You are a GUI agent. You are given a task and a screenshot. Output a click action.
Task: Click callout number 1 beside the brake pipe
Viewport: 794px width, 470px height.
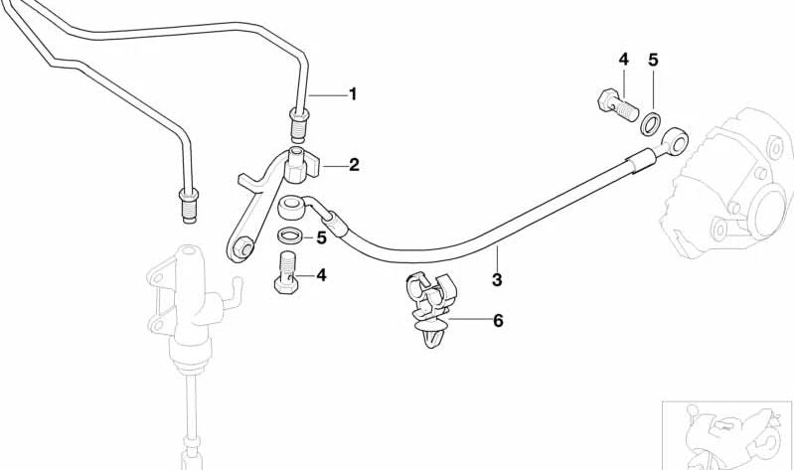tap(353, 94)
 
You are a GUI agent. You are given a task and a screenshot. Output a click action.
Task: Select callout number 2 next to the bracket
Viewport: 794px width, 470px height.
tap(354, 165)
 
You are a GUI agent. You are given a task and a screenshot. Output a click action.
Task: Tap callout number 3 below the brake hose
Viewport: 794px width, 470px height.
tap(497, 279)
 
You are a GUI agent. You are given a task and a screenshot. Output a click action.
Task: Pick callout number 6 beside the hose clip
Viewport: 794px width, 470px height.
tap(498, 320)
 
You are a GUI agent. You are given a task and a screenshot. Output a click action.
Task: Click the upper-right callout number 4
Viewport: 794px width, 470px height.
tap(623, 60)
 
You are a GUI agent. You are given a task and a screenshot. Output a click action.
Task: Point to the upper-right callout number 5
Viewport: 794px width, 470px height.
tap(653, 60)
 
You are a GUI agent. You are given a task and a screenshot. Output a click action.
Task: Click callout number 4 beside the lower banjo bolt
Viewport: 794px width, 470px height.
tap(322, 275)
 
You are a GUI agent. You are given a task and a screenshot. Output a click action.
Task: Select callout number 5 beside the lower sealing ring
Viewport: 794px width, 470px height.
tap(322, 237)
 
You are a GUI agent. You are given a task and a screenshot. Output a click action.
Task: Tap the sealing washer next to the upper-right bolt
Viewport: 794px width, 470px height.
tap(651, 123)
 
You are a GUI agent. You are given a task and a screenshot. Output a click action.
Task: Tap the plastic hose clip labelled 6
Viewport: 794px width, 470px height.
tap(431, 309)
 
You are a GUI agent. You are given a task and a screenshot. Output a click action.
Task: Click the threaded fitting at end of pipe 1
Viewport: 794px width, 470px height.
tap(299, 124)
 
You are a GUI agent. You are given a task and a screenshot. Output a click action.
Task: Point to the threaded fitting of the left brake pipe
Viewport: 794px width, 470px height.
tap(189, 204)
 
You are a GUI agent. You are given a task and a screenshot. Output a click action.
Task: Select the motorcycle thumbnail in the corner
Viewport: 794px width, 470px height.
tap(727, 435)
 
